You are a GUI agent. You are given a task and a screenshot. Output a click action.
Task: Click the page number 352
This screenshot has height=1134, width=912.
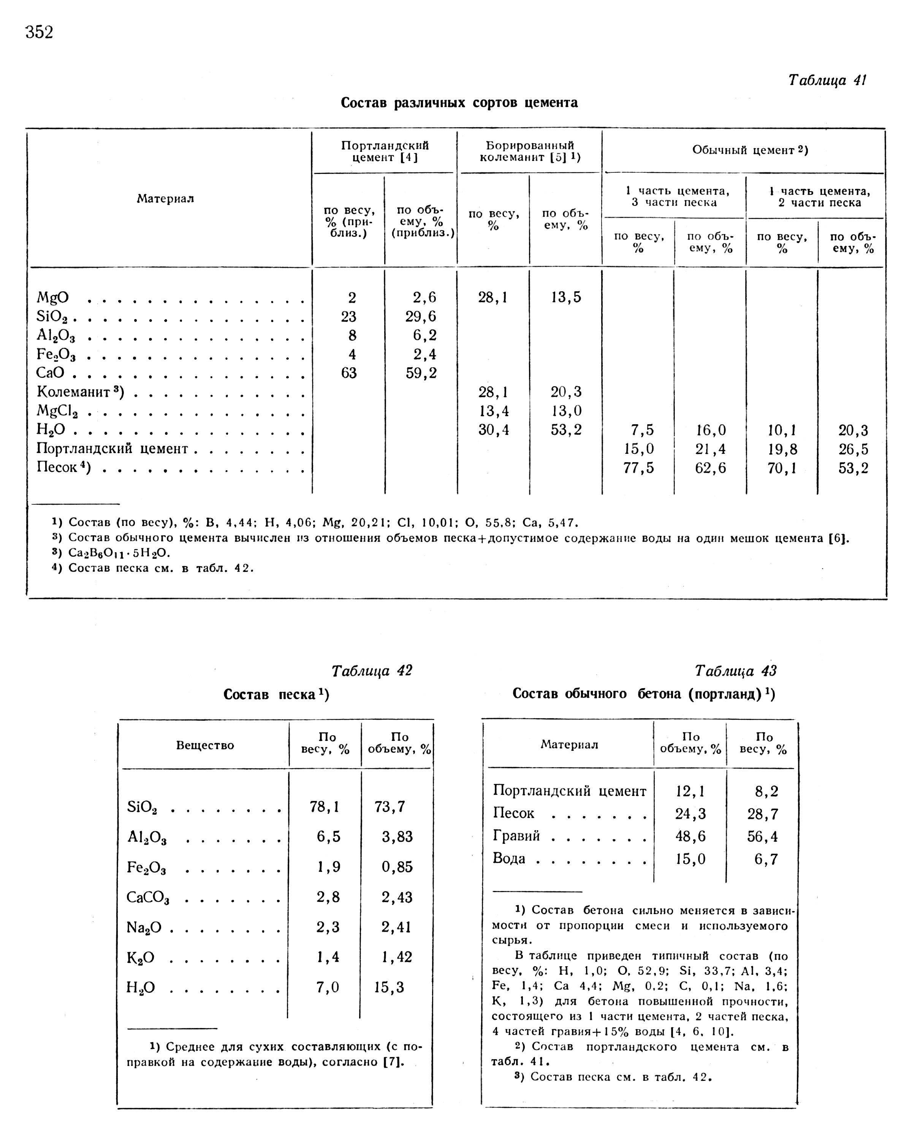pyautogui.click(x=40, y=33)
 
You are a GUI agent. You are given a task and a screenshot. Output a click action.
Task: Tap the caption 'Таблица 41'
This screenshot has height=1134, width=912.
pyautogui.click(x=826, y=81)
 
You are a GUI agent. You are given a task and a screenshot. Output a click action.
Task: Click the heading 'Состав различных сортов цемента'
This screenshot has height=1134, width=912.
pyautogui.click(x=459, y=103)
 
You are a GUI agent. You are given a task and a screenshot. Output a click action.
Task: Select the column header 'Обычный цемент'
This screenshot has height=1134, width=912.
pyautogui.click(x=749, y=150)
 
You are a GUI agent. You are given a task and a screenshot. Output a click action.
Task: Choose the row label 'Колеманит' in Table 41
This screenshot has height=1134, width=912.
pyautogui.click(x=79, y=392)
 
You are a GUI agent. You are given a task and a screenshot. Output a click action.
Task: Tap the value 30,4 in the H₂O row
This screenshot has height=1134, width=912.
pyautogui.click(x=493, y=430)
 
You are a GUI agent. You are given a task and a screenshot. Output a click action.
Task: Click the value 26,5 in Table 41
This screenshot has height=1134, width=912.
pyautogui.click(x=853, y=449)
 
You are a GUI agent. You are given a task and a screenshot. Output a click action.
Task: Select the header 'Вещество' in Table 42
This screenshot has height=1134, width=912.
pyautogui.click(x=205, y=745)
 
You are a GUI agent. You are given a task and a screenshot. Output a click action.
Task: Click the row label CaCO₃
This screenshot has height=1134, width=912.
pyautogui.click(x=147, y=898)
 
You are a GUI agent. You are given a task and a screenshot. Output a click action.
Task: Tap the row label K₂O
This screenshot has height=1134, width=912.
pyautogui.click(x=141, y=958)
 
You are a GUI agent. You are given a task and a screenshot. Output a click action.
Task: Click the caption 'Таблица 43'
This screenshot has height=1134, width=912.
pyautogui.click(x=735, y=671)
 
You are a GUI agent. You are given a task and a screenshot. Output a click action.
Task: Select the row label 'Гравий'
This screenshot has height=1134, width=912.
pyautogui.click(x=516, y=836)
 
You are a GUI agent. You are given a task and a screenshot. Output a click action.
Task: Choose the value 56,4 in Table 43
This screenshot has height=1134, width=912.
pyautogui.click(x=762, y=836)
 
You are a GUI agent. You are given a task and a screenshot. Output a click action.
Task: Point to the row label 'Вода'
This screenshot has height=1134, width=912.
pyautogui.click(x=509, y=858)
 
